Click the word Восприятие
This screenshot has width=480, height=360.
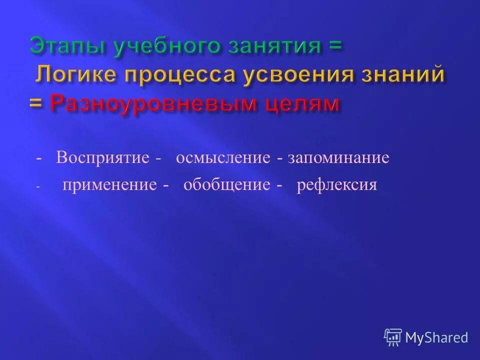pos(102,158)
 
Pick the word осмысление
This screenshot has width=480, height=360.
pos(223,158)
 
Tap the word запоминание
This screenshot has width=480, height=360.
pos(338,158)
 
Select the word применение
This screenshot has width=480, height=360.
pos(109,184)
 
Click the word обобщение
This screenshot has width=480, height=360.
pos(226,184)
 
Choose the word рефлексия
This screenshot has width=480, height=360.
pos(336,184)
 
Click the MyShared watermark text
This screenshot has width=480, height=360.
pos(436,338)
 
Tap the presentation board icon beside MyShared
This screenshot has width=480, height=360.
pos(393,337)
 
